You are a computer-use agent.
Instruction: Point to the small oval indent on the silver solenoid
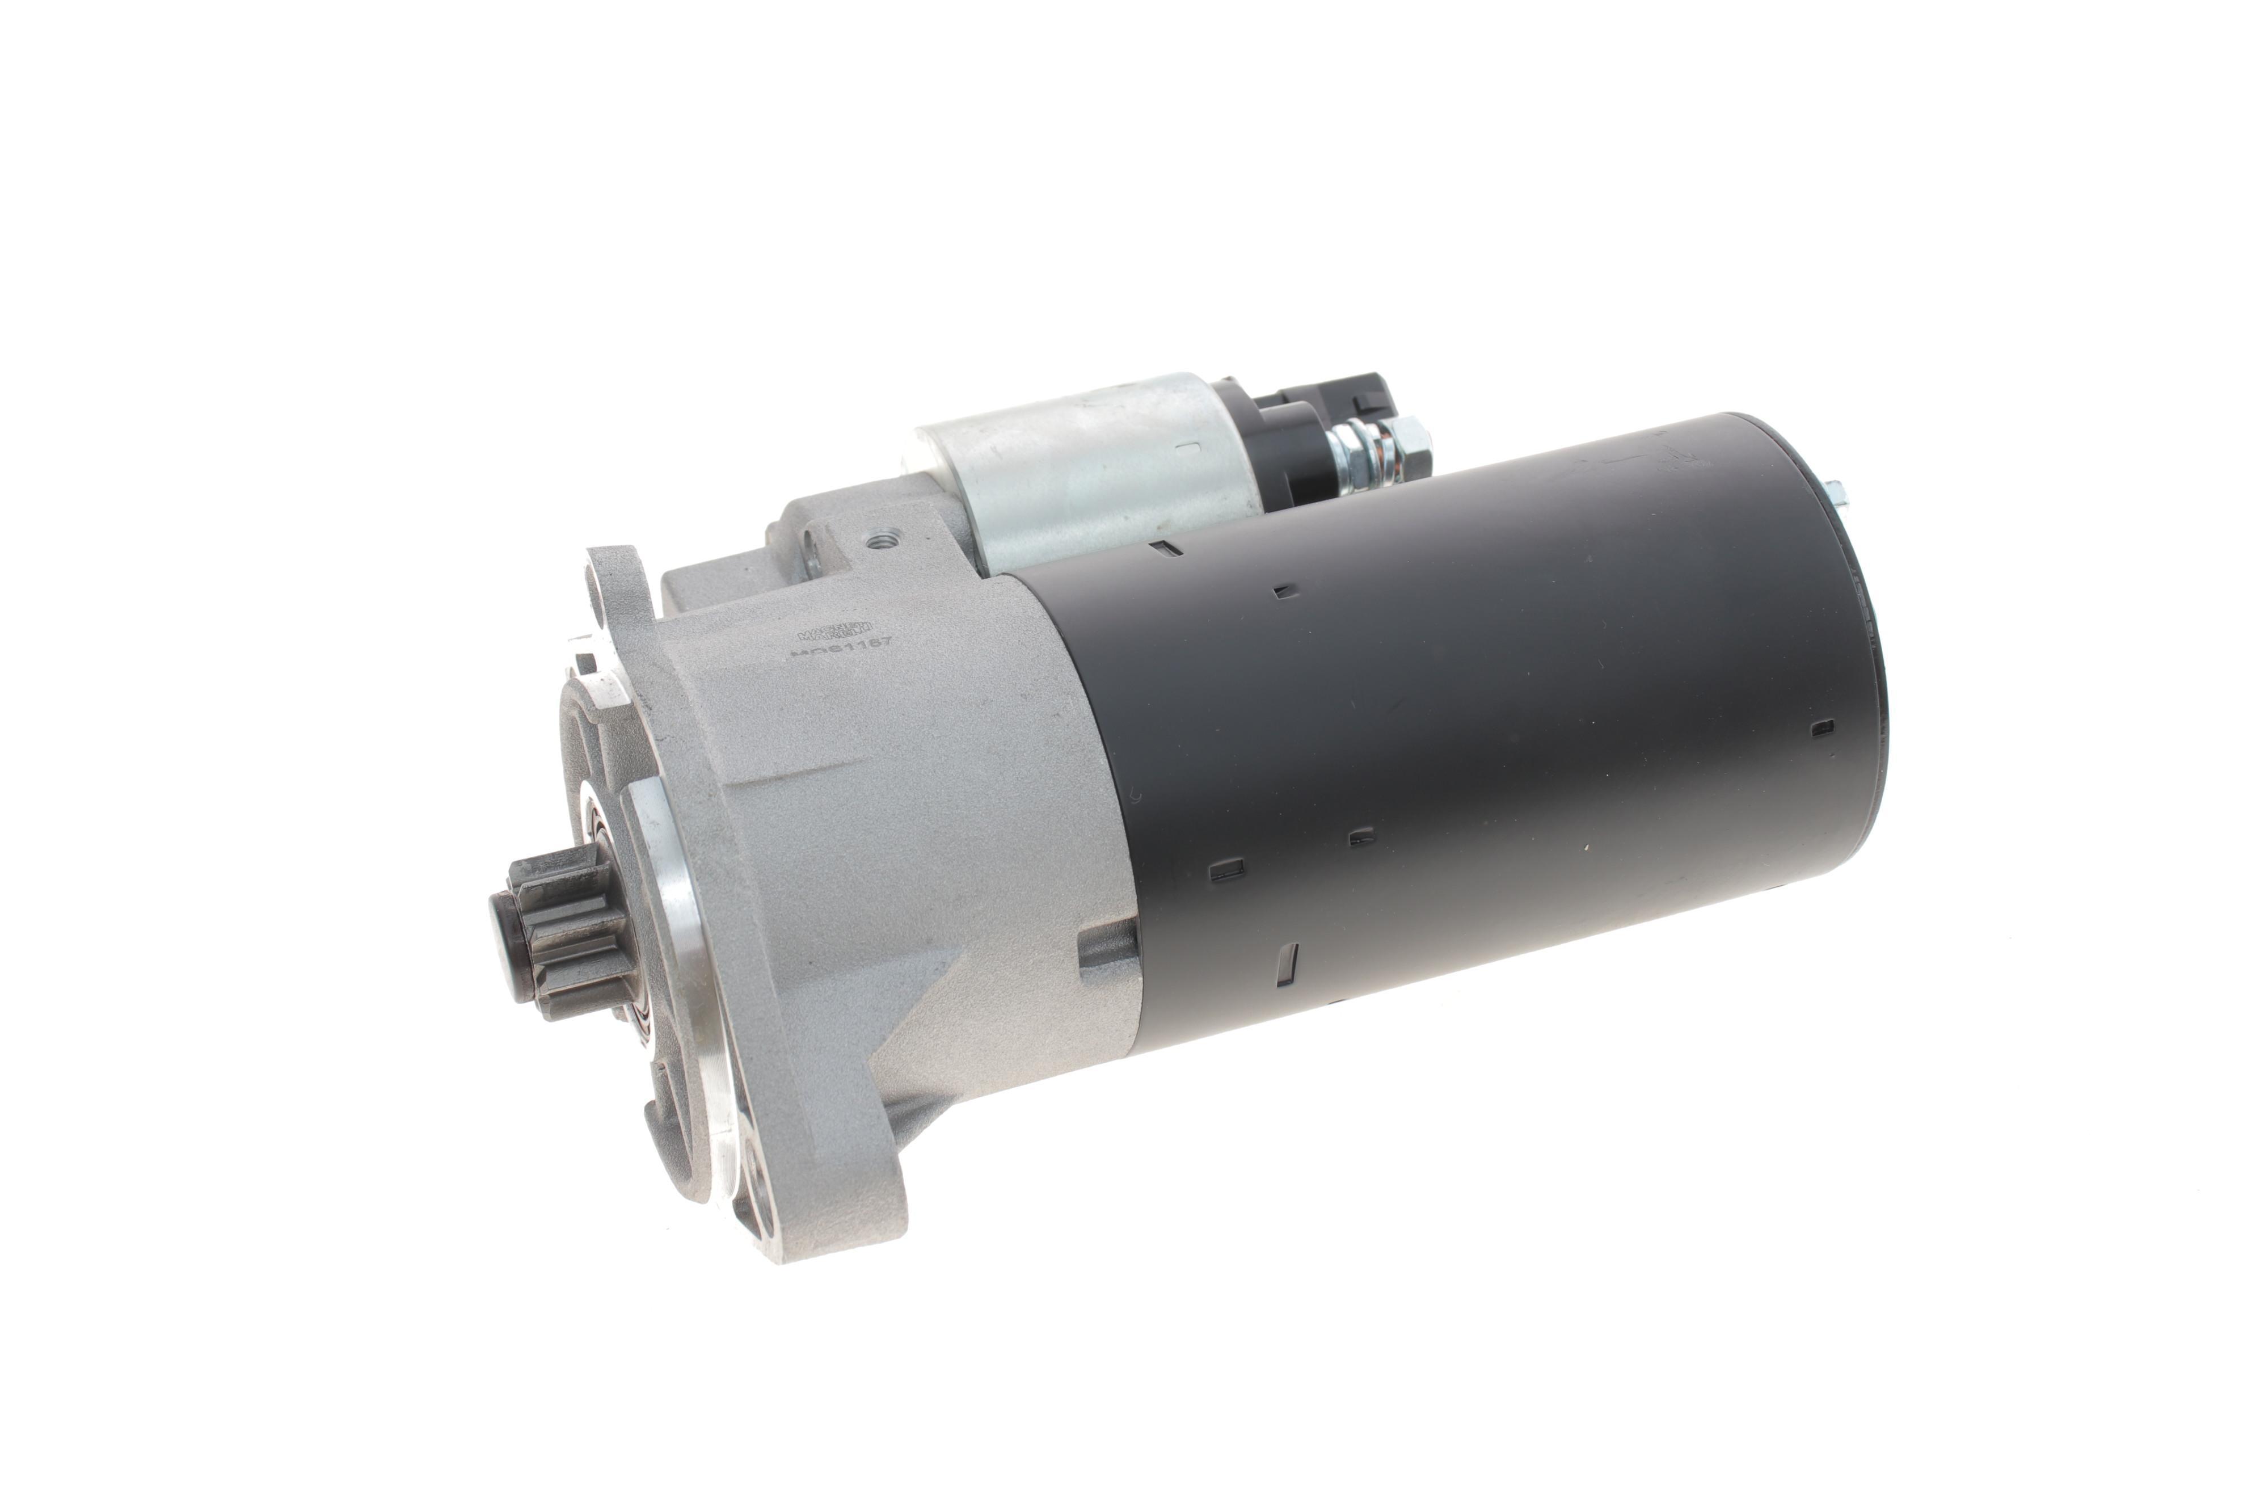[x=1188, y=447]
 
